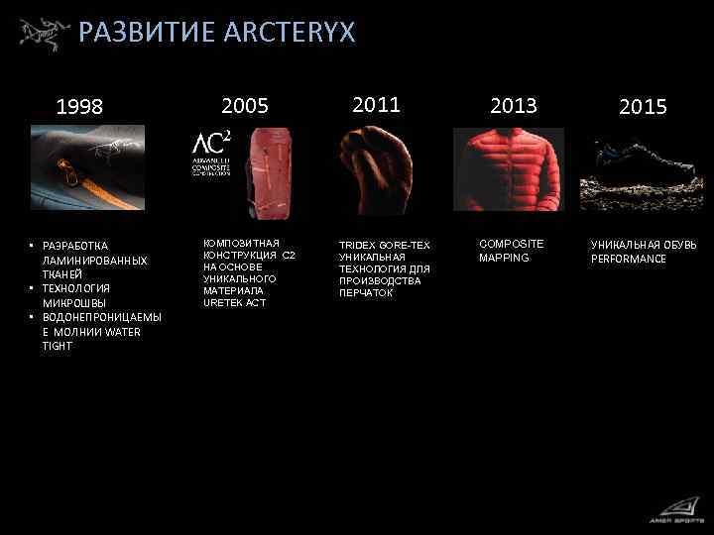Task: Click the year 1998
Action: point(79,107)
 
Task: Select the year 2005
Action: point(245,105)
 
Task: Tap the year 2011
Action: point(377,104)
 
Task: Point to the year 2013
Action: point(513,105)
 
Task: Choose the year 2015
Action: point(643,107)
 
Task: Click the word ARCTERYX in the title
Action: point(290,33)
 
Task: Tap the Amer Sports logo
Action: point(673,510)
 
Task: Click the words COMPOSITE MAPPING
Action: point(511,251)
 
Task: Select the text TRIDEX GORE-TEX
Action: point(385,245)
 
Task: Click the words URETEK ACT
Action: point(235,302)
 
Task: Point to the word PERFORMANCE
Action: point(629,259)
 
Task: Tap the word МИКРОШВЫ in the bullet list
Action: point(75,302)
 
